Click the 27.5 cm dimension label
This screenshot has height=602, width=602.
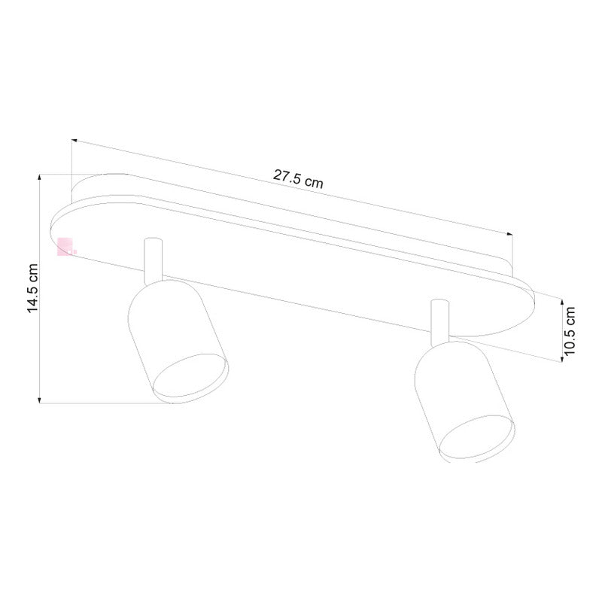point(299,179)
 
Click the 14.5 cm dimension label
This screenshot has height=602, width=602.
point(32,288)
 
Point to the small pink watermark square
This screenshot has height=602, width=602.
point(65,245)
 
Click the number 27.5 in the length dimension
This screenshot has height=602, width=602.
point(287,177)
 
